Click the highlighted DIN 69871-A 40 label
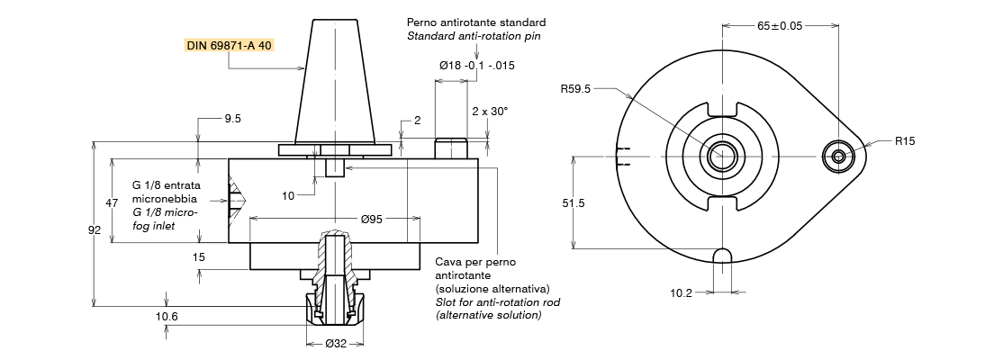pos(229,45)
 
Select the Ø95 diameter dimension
pos(374,218)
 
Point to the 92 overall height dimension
pos(95,230)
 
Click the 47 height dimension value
pos(112,203)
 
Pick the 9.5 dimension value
pos(232,118)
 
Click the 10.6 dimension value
pos(167,316)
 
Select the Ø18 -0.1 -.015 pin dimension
pos(476,66)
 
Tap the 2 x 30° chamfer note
pos(490,111)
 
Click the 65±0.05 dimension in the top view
pos(780,26)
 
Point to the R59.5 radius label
pos(574,89)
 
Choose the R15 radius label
pos(905,141)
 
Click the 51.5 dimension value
pos(574,203)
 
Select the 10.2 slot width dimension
pos(681,292)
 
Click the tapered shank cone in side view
pos(335,81)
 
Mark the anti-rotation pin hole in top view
pos(839,156)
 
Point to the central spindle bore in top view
pos(722,156)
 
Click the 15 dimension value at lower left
pos(199,256)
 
